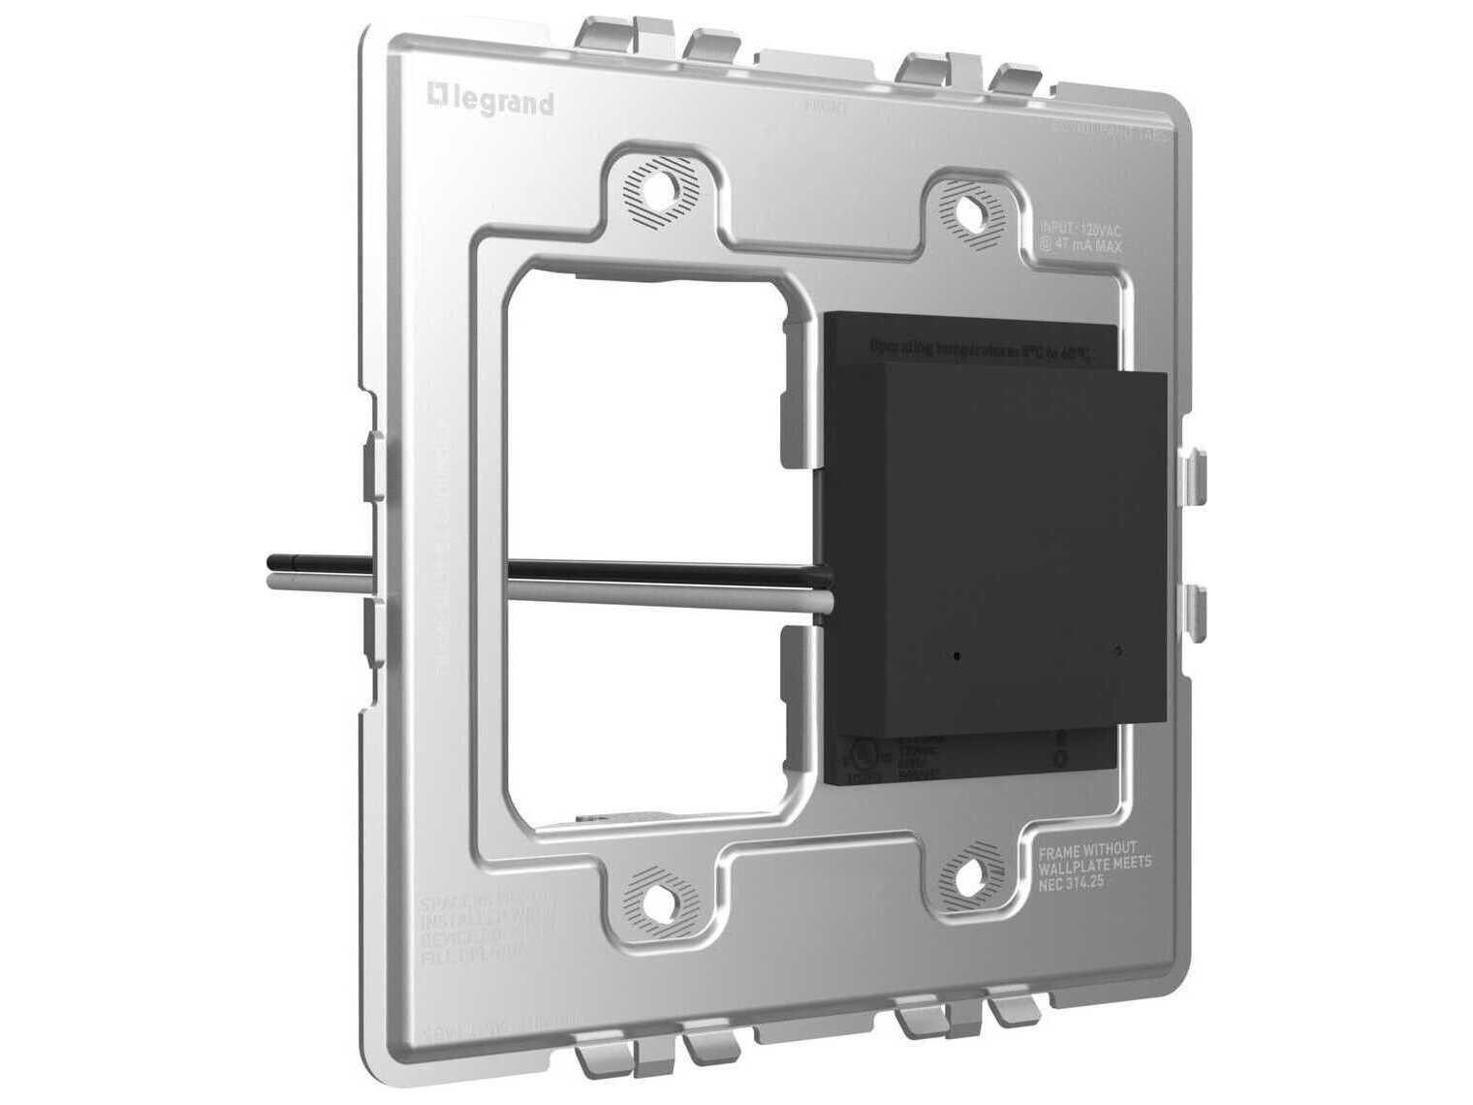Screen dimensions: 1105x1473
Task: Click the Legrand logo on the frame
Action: [490, 100]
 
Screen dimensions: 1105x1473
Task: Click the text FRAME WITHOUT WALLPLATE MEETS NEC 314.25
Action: [1094, 866]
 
